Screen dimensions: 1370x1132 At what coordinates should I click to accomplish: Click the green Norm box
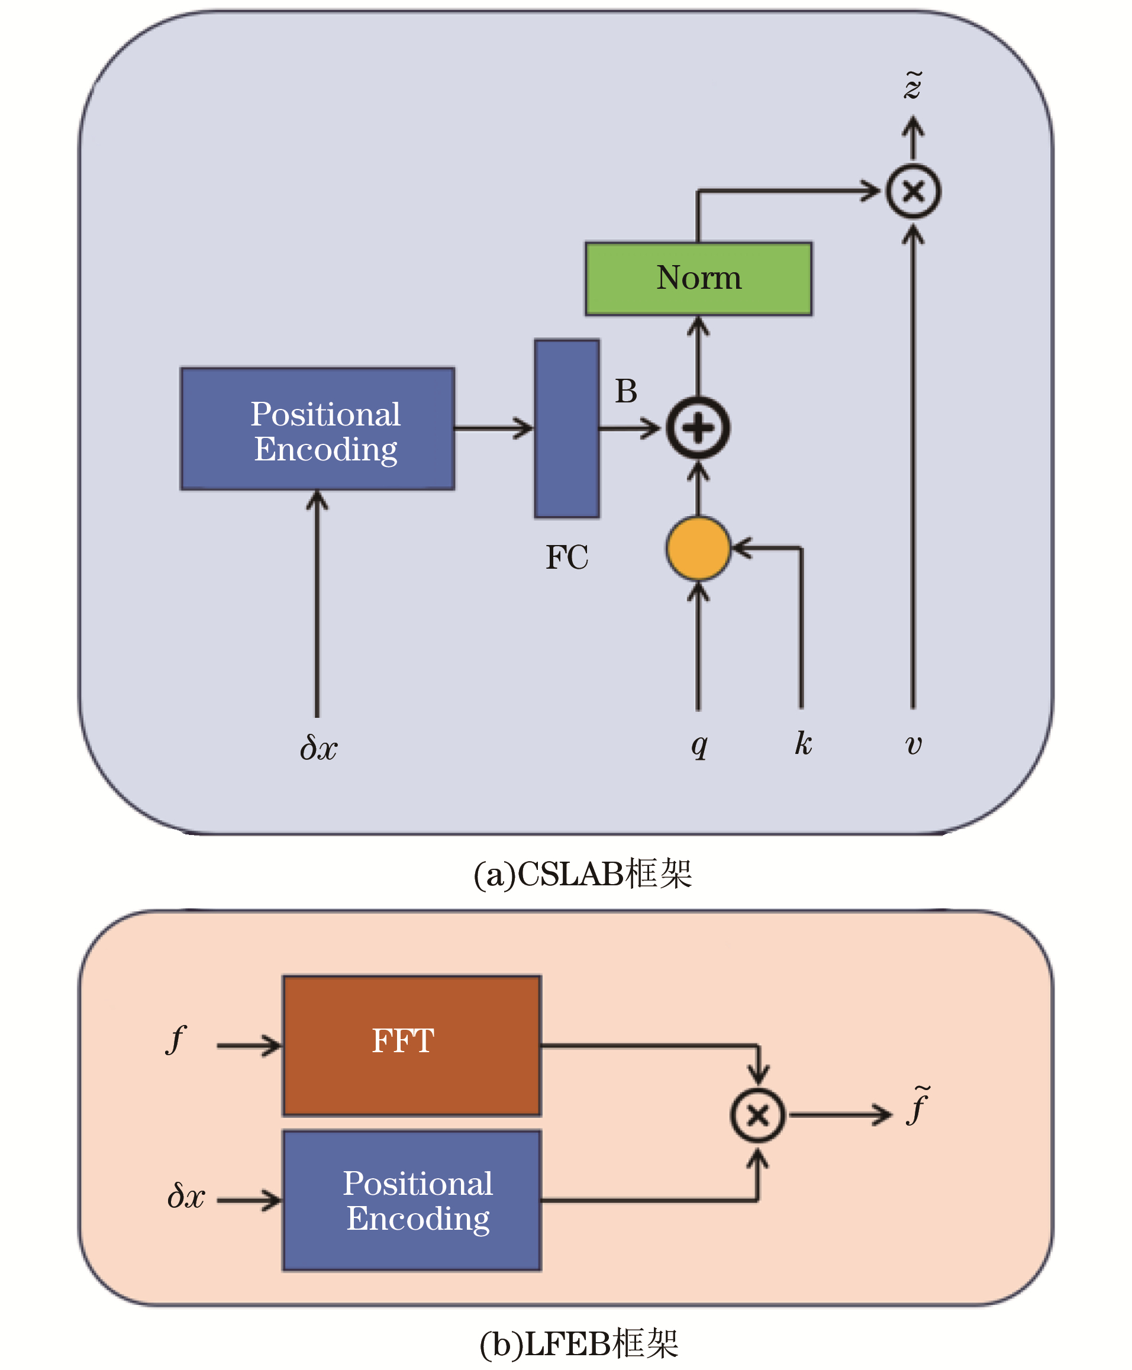(x=698, y=278)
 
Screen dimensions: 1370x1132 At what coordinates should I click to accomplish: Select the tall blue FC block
(x=567, y=428)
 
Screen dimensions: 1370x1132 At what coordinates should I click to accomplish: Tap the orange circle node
(x=698, y=549)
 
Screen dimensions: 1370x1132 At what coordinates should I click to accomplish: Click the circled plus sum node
(x=698, y=428)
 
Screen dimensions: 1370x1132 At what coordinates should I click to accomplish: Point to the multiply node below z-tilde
(x=913, y=191)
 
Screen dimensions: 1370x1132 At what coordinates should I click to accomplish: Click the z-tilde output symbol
(x=913, y=85)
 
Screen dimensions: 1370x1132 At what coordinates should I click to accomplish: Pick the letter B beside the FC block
(x=626, y=391)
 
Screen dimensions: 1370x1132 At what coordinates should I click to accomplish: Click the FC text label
(x=567, y=557)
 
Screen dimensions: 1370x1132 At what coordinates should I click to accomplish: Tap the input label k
(x=803, y=743)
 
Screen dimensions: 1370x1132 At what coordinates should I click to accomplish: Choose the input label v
(x=914, y=744)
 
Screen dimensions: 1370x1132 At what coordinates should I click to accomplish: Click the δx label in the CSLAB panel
(x=318, y=747)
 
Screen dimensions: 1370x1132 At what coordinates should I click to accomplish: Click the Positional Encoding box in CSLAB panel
(x=318, y=429)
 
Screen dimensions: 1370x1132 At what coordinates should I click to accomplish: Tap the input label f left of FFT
(x=175, y=1039)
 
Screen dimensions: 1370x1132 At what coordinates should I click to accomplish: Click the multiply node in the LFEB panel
(x=757, y=1115)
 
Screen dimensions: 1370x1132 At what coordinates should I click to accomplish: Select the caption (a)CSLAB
(x=582, y=873)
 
